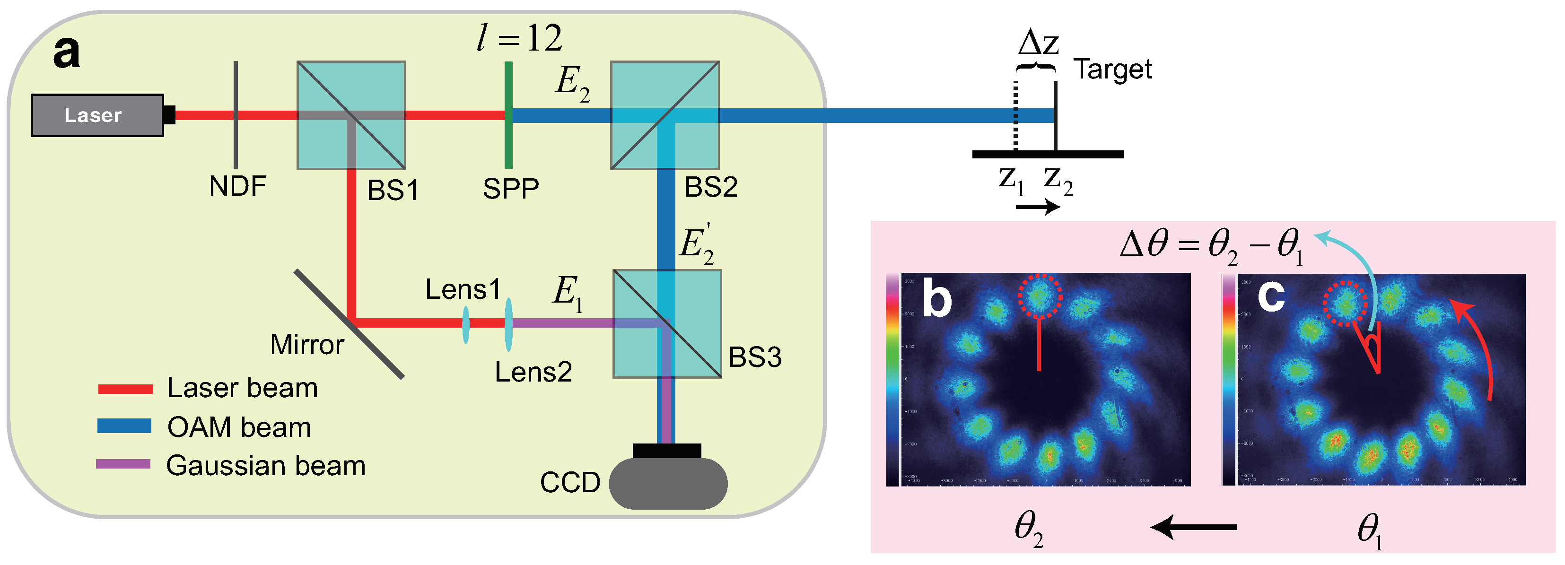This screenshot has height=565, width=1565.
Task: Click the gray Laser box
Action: (x=97, y=115)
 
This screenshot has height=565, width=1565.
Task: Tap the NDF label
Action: (x=237, y=186)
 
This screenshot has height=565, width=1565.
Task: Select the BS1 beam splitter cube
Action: (x=351, y=115)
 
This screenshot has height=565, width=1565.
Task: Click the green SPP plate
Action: (x=508, y=115)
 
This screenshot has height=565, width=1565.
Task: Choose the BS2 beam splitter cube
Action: (x=664, y=115)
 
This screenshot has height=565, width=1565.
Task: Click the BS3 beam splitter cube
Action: (x=667, y=324)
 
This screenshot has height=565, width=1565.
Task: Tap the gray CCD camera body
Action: (x=668, y=484)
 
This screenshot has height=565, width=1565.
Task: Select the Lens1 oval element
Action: (x=465, y=324)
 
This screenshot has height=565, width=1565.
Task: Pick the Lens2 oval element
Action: (x=508, y=324)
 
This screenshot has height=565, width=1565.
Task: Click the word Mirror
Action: (x=307, y=345)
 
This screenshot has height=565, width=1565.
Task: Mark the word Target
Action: (x=1112, y=69)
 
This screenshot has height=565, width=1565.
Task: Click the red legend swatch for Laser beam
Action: (x=125, y=389)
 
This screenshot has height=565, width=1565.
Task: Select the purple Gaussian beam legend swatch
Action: (x=123, y=464)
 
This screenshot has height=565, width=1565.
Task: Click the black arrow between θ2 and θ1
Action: (x=1194, y=527)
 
